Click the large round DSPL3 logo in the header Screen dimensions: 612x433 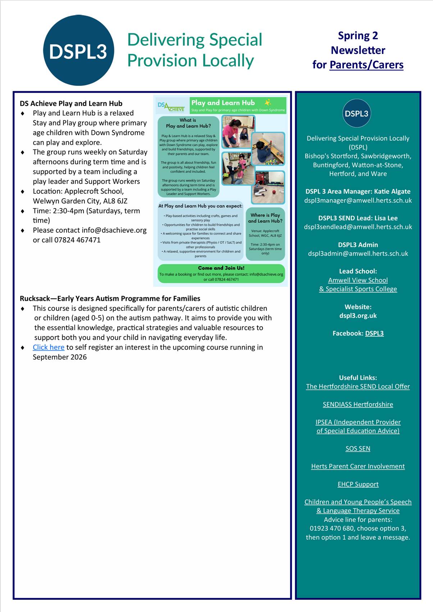tap(78, 50)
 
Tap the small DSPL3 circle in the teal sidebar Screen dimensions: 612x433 tap(356, 114)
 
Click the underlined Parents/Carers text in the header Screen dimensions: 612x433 tap(366, 65)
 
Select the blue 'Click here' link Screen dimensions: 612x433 tap(49, 348)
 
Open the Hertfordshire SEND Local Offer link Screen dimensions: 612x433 tap(358, 387)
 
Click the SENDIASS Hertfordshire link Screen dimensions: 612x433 tap(358, 405)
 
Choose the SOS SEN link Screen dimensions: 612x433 tap(358, 449)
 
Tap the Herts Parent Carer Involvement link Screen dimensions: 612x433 tap(358, 466)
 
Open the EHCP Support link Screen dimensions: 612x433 tap(358, 484)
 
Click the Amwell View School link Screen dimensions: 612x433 tap(358, 280)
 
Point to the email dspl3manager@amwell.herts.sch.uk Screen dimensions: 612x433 tap(358, 201)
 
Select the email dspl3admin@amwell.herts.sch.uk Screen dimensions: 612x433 tap(358, 254)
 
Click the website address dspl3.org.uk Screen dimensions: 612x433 tap(358, 316)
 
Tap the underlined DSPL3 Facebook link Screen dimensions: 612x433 tap(374, 333)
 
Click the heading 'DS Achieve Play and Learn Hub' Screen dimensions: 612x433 tap(71, 103)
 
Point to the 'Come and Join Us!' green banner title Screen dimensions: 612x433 tap(221, 268)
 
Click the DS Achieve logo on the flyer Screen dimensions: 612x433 tap(171, 106)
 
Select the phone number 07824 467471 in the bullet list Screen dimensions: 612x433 tap(77, 240)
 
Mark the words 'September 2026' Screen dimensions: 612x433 tap(60, 357)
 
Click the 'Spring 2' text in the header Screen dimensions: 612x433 tap(358, 36)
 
